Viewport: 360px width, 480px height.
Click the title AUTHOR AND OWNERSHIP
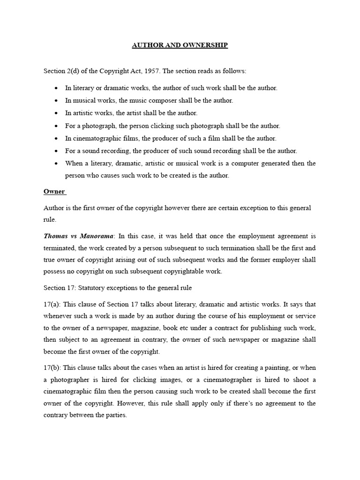tap(180, 45)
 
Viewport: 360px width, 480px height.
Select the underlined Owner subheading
tap(54, 192)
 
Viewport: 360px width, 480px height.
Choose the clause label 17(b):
tap(52, 367)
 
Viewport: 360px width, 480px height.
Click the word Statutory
tap(90, 287)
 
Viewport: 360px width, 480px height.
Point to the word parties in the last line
tap(116, 415)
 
